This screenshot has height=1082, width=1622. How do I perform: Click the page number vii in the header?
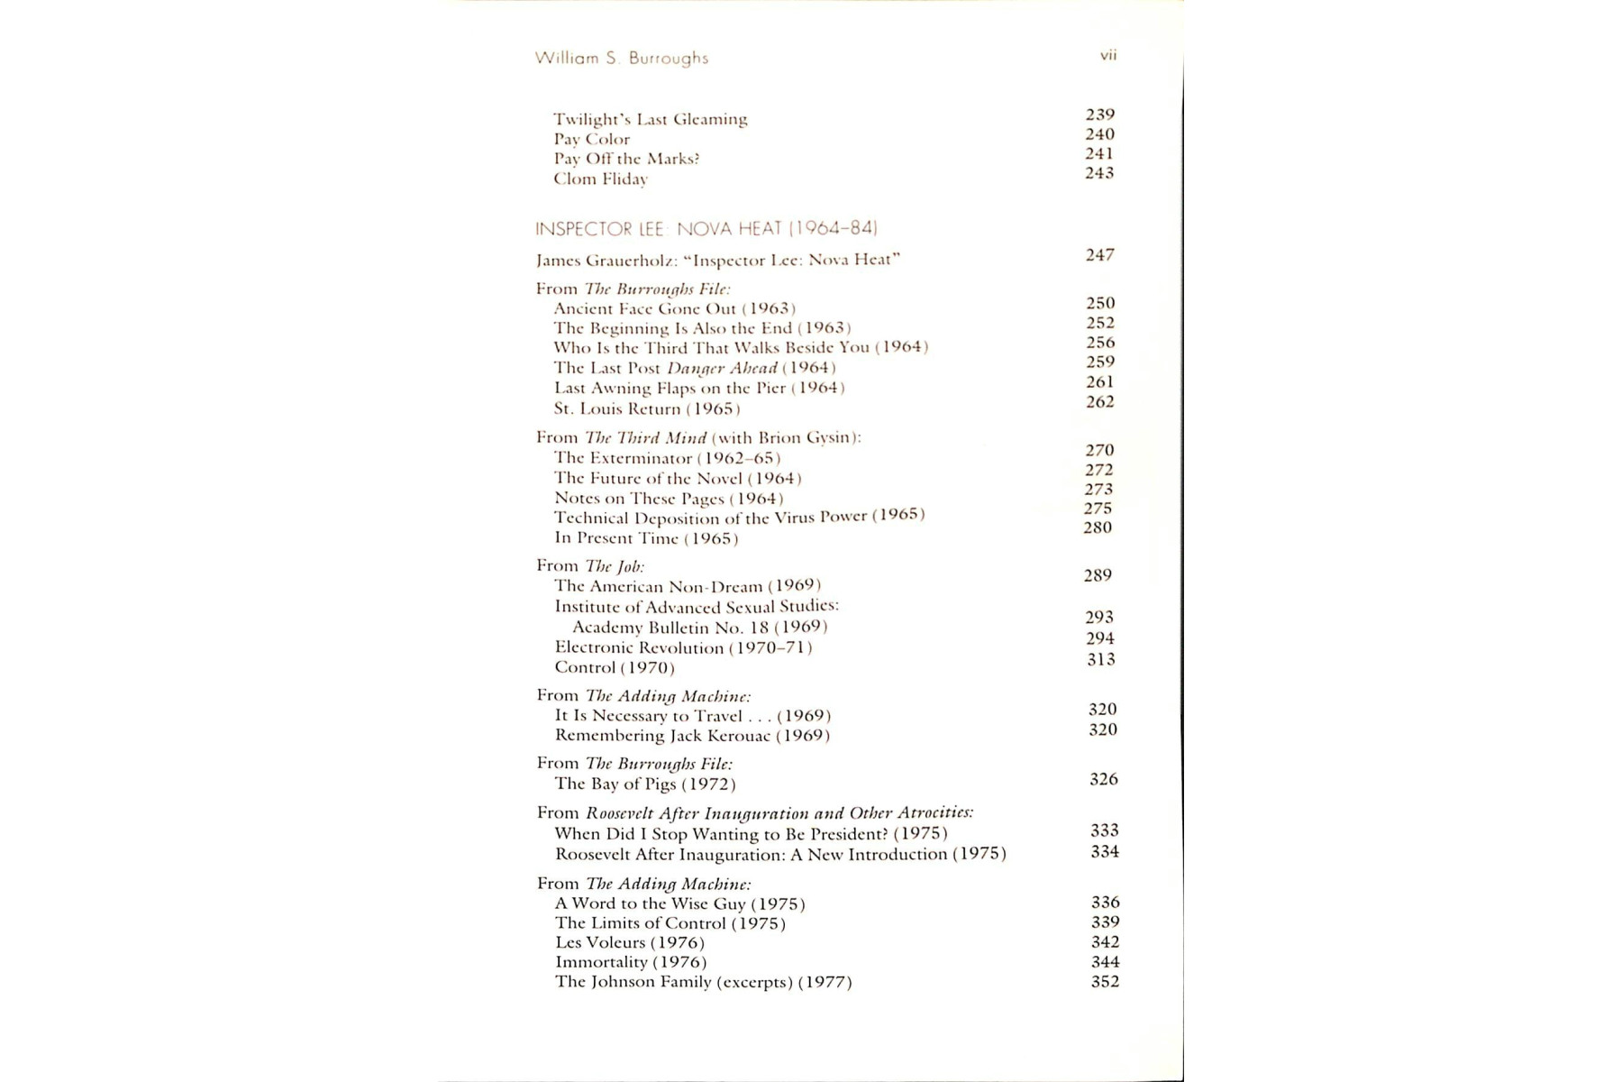[1108, 55]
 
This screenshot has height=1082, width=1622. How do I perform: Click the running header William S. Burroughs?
[622, 58]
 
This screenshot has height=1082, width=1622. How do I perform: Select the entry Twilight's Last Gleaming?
[650, 119]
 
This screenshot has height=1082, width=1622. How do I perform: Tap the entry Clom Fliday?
[600, 179]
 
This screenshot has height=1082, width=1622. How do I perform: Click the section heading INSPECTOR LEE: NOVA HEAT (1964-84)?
[706, 228]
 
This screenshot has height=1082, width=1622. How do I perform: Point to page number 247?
[1099, 255]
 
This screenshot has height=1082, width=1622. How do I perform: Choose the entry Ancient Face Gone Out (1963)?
[674, 308]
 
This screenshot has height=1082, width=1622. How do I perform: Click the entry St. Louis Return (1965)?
[647, 408]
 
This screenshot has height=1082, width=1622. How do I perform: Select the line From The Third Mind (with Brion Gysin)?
[698, 437]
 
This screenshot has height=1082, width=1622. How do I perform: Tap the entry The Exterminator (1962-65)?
[667, 458]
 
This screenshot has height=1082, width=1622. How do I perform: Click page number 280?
[1098, 527]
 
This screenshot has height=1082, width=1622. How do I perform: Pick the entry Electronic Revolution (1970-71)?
[683, 647]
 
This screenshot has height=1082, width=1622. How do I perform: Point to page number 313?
[1101, 659]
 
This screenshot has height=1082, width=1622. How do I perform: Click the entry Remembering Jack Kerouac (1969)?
[692, 736]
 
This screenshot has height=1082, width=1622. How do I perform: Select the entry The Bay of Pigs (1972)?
[645, 784]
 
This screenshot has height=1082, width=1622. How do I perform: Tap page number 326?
[1104, 779]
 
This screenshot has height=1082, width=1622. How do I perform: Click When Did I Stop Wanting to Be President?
[751, 834]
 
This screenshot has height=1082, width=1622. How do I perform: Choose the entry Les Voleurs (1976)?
[630, 942]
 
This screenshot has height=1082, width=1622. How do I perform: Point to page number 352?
[1106, 981]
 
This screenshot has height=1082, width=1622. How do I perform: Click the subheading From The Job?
[590, 566]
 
